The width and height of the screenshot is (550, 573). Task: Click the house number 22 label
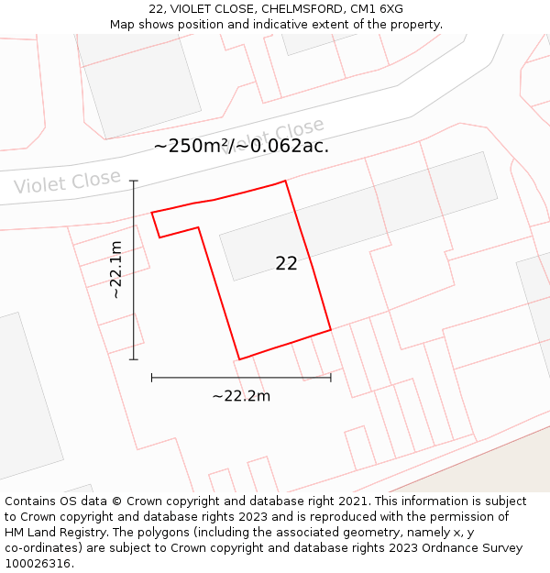(286, 264)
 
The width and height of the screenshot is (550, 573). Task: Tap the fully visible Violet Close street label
(67, 182)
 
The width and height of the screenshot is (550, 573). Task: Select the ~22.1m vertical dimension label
(116, 270)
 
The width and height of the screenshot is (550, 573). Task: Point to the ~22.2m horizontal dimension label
(241, 396)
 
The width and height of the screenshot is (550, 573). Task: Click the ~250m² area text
(191, 146)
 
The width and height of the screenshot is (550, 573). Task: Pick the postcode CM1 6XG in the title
(377, 9)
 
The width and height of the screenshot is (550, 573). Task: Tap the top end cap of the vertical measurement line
(134, 181)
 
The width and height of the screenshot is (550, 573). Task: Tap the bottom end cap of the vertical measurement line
(134, 359)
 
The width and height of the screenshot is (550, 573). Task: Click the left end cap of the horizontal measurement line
(152, 377)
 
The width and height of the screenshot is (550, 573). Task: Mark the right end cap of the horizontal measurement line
(331, 377)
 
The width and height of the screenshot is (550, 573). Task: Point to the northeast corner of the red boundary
(285, 181)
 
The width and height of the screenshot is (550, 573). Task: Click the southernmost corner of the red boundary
(239, 359)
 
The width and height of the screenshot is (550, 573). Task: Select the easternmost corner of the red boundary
(331, 329)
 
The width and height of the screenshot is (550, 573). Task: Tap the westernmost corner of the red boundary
(152, 213)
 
